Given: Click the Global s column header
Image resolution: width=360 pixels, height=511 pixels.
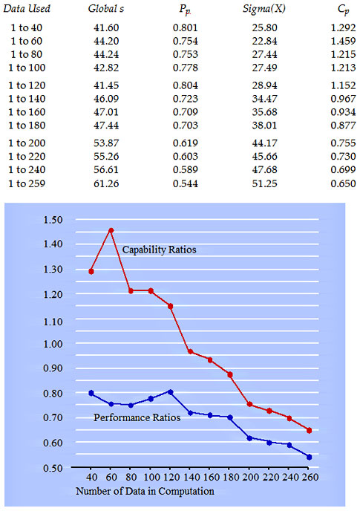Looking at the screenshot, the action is coord(106,8).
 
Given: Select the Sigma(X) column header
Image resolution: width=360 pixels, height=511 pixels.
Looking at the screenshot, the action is coord(264,8).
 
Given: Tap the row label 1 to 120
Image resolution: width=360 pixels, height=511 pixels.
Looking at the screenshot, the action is coord(27,85).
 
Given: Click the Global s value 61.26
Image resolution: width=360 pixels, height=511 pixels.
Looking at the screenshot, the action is coord(106,183).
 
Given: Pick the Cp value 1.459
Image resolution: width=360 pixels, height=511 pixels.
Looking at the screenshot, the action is coord(343,41).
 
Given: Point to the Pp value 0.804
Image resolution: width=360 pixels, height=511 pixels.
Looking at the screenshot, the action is coord(186,85).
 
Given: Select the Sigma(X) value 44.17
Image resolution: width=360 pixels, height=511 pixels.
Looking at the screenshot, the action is coord(264,143).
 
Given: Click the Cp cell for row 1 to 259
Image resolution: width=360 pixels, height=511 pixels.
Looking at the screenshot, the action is coord(343,183).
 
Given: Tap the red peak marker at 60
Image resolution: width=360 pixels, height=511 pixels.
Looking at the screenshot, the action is coord(111,230).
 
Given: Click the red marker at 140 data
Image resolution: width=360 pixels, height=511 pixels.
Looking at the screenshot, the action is coord(191,351).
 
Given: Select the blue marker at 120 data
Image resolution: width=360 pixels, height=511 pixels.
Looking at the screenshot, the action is coord(171,392).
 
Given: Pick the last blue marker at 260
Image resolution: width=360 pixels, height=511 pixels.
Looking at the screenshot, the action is coord(310,457).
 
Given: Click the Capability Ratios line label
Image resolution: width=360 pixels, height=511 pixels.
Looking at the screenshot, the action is coord(160,250).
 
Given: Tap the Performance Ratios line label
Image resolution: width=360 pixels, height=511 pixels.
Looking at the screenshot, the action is coord(137,417).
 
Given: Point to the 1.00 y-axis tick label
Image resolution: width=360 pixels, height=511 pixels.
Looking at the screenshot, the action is coord(53,344).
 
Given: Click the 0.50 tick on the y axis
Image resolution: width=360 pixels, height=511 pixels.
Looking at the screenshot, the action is coord(53,468).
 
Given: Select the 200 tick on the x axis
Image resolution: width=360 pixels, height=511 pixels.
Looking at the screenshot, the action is coord(249,477).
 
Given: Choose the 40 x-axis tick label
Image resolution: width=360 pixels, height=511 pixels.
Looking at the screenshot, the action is coord(91,477).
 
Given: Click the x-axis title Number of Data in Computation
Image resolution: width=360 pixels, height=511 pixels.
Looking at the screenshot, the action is coord(145,491).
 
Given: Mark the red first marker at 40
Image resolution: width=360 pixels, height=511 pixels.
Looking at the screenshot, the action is coord(91,271).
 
